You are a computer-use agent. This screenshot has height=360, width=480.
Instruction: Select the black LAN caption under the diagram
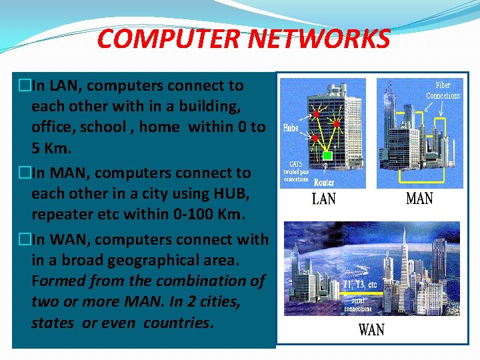click(x=324, y=199)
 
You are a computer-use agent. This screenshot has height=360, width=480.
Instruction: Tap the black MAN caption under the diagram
click(x=419, y=199)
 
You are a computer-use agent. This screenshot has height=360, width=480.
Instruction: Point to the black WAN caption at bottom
click(x=371, y=330)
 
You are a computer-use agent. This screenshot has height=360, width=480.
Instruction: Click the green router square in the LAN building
click(x=326, y=155)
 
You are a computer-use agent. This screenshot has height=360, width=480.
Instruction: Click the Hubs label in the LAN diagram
click(x=291, y=127)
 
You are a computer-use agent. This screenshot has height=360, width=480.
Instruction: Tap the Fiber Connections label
click(x=443, y=91)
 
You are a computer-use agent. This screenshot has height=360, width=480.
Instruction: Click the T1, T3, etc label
click(x=360, y=285)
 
